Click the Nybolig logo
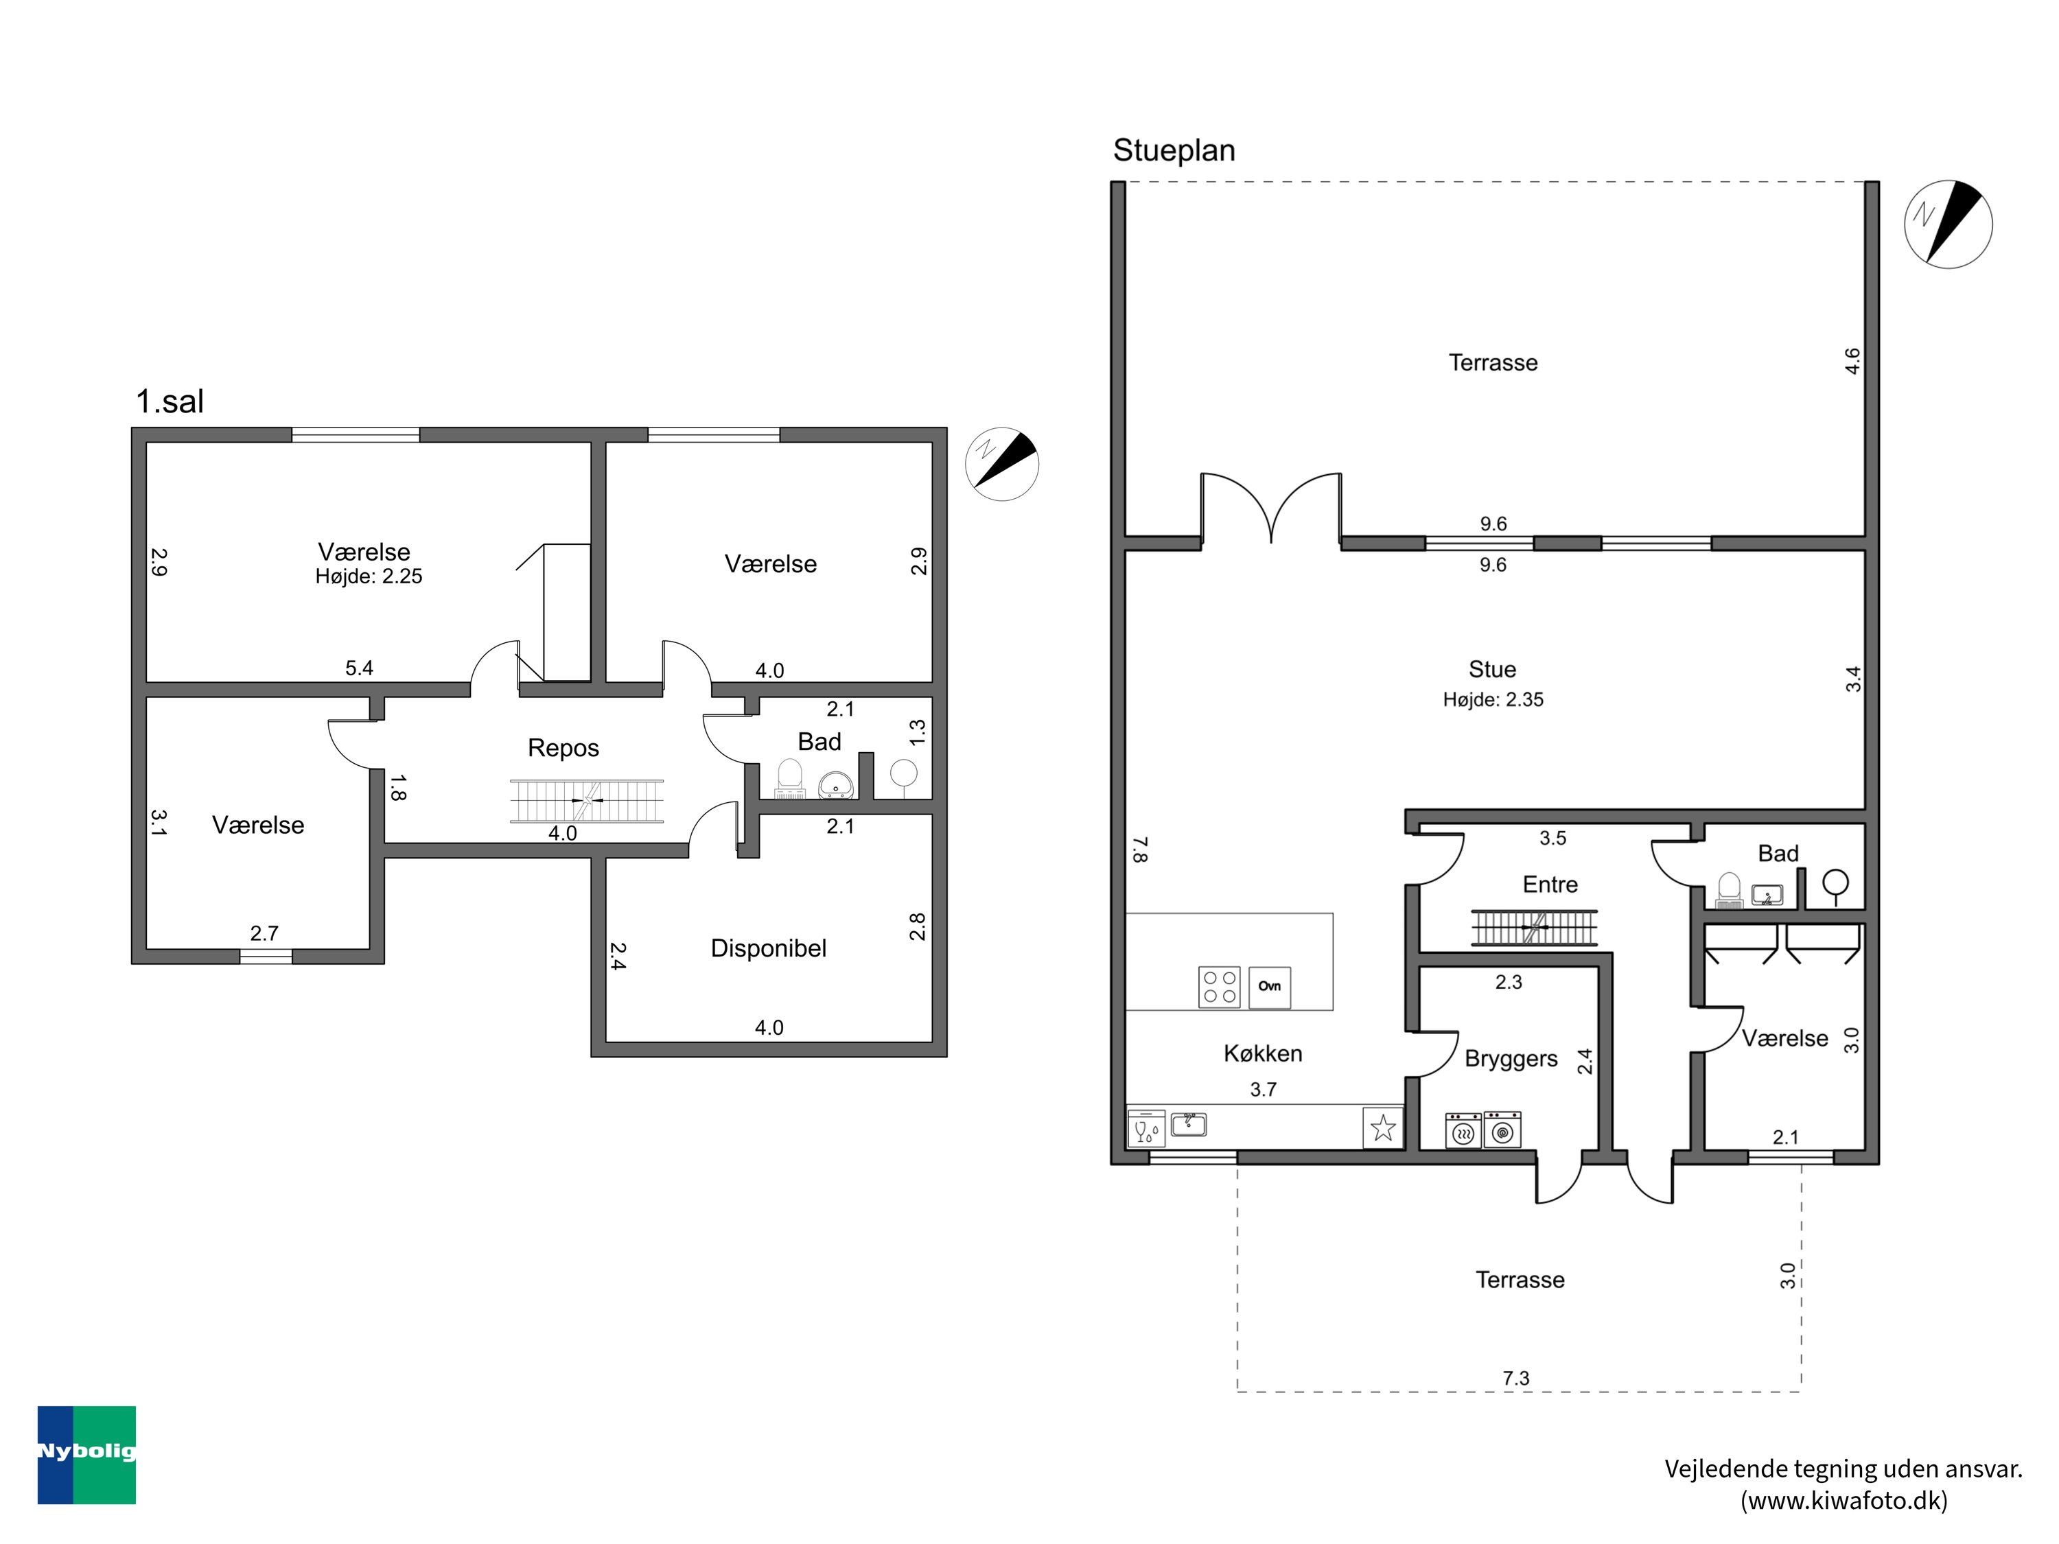tap(86, 1455)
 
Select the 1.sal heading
tap(170, 402)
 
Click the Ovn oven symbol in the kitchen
tap(1269, 987)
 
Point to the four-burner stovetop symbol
tap(1218, 987)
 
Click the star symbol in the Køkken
tap(1383, 1128)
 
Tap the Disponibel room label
tap(768, 948)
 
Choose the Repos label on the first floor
tap(563, 748)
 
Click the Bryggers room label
tap(1511, 1059)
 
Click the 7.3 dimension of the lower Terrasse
tap(1515, 1379)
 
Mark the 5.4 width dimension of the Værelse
tap(360, 668)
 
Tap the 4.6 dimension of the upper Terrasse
tap(1852, 361)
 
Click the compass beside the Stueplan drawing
tap(1949, 224)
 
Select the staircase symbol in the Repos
tap(586, 800)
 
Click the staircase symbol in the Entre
tap(1534, 928)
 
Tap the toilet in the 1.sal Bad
tap(789, 779)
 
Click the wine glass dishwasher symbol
tap(1146, 1128)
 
